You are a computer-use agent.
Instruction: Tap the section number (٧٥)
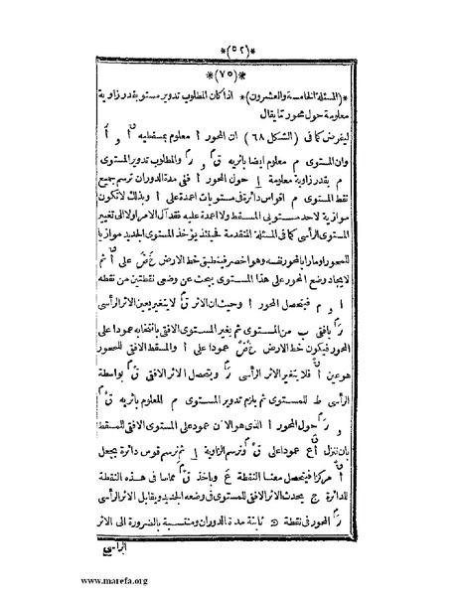click(x=230, y=74)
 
